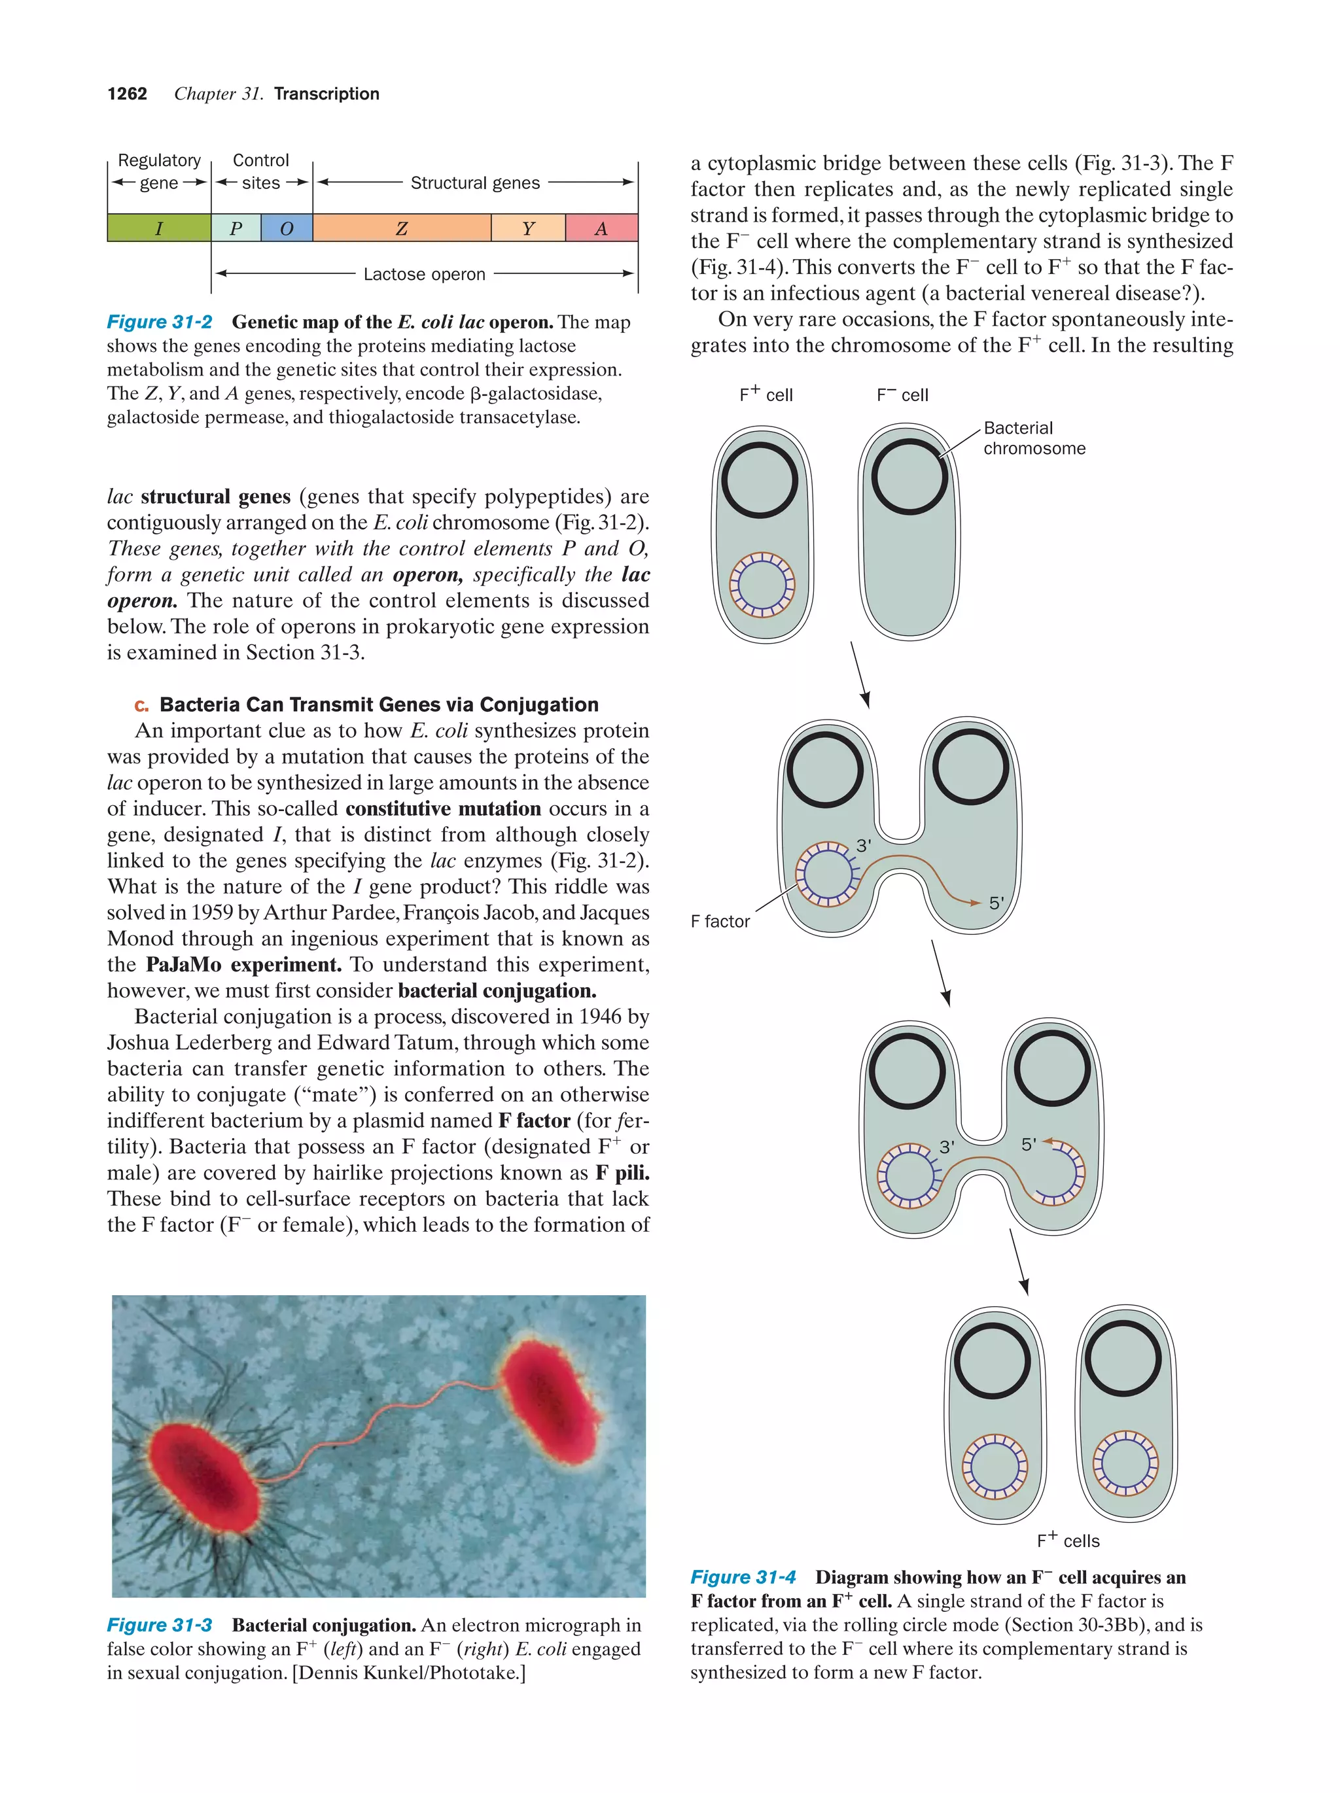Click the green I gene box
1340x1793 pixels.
click(159, 228)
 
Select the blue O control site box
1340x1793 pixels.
click(286, 228)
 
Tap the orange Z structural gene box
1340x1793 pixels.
click(401, 228)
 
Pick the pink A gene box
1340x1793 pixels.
click(601, 228)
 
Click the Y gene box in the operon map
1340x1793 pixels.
click(528, 228)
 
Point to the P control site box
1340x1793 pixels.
click(236, 228)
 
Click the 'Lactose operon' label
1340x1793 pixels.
click(424, 274)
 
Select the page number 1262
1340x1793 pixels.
click(128, 94)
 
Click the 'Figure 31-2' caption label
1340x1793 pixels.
click(160, 322)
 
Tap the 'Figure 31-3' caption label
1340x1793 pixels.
click(160, 1625)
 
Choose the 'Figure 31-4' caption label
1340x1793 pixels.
click(743, 1577)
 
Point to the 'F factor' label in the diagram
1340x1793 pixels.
click(720, 921)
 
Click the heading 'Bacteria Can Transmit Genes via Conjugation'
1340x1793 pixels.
click(379, 705)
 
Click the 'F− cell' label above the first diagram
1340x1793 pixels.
click(902, 394)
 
